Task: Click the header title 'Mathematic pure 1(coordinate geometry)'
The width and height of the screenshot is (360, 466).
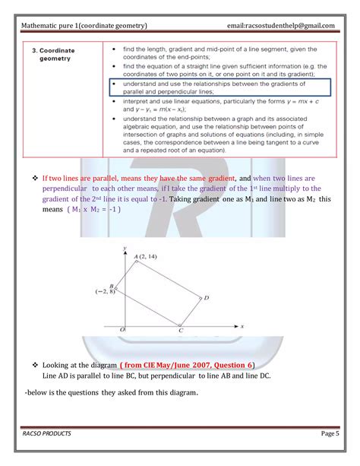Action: pos(90,25)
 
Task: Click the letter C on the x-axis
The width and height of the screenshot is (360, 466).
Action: pos(180,331)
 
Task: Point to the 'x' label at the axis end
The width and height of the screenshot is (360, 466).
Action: pos(241,325)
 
